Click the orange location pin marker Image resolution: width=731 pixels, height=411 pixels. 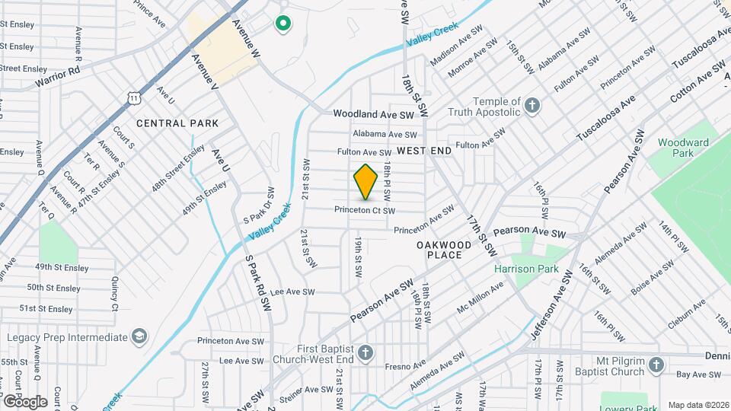coord(366,182)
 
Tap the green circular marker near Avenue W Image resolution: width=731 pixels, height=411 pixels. coord(283,24)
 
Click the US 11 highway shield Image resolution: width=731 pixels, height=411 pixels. coord(134,97)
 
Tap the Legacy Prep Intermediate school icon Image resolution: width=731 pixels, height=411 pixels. coord(139,336)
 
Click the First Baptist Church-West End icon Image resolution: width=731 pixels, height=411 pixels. coord(366,353)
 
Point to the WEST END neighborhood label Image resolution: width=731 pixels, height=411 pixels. coord(424,151)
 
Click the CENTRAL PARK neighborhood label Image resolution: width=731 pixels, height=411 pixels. coord(177,123)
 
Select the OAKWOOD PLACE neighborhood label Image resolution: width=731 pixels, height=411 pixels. coord(439,250)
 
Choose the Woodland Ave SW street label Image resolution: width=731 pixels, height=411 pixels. coord(373,114)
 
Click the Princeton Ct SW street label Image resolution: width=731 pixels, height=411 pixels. coord(365,210)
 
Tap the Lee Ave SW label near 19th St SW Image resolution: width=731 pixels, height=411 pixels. coord(292,292)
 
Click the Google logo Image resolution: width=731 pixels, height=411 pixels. coord(25,401)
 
